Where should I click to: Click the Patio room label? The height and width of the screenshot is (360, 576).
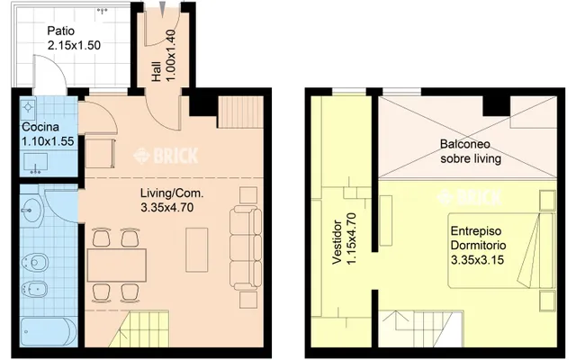click(x=61, y=31)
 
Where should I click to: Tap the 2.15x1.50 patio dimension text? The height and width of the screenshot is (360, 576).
click(x=74, y=45)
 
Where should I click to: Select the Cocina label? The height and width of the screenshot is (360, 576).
click(x=40, y=127)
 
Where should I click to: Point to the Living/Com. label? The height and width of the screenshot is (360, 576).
click(x=172, y=193)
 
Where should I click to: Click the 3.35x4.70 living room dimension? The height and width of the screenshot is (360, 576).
click(x=166, y=208)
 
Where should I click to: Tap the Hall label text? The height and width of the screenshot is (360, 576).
click(x=157, y=71)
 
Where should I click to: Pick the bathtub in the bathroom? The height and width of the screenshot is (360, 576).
click(x=48, y=332)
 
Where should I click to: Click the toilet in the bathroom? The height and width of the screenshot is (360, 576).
click(x=35, y=263)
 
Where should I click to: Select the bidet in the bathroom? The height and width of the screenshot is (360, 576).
click(x=34, y=290)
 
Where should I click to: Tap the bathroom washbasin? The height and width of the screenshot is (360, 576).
click(x=32, y=211)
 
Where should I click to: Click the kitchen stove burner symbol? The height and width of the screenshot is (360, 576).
click(x=28, y=107)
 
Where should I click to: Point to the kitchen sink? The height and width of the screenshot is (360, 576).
click(x=36, y=163)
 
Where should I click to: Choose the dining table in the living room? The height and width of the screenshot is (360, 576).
click(x=116, y=265)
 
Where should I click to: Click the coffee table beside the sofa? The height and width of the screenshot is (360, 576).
click(x=197, y=250)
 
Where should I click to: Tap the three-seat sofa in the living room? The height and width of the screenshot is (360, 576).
click(x=246, y=248)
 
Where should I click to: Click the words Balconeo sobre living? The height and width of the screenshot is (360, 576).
click(x=471, y=151)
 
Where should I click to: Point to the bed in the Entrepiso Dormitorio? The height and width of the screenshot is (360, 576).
click(x=500, y=250)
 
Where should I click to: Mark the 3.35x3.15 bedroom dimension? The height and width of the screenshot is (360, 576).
click(x=477, y=260)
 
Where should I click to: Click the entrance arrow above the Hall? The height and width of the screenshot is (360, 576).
click(x=163, y=9)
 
